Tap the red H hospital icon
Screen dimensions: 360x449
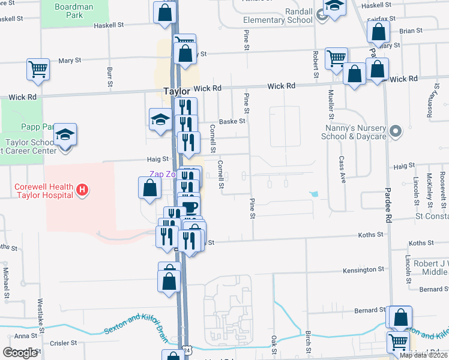(x=83, y=191)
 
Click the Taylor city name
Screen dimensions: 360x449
(x=177, y=92)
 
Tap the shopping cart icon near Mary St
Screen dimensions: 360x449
(x=38, y=69)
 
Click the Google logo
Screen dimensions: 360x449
(x=20, y=353)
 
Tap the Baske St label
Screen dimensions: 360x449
(x=232, y=121)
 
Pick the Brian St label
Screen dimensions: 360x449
(x=411, y=31)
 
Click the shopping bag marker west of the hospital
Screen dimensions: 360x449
(x=149, y=189)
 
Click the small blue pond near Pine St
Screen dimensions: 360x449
(x=313, y=194)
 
